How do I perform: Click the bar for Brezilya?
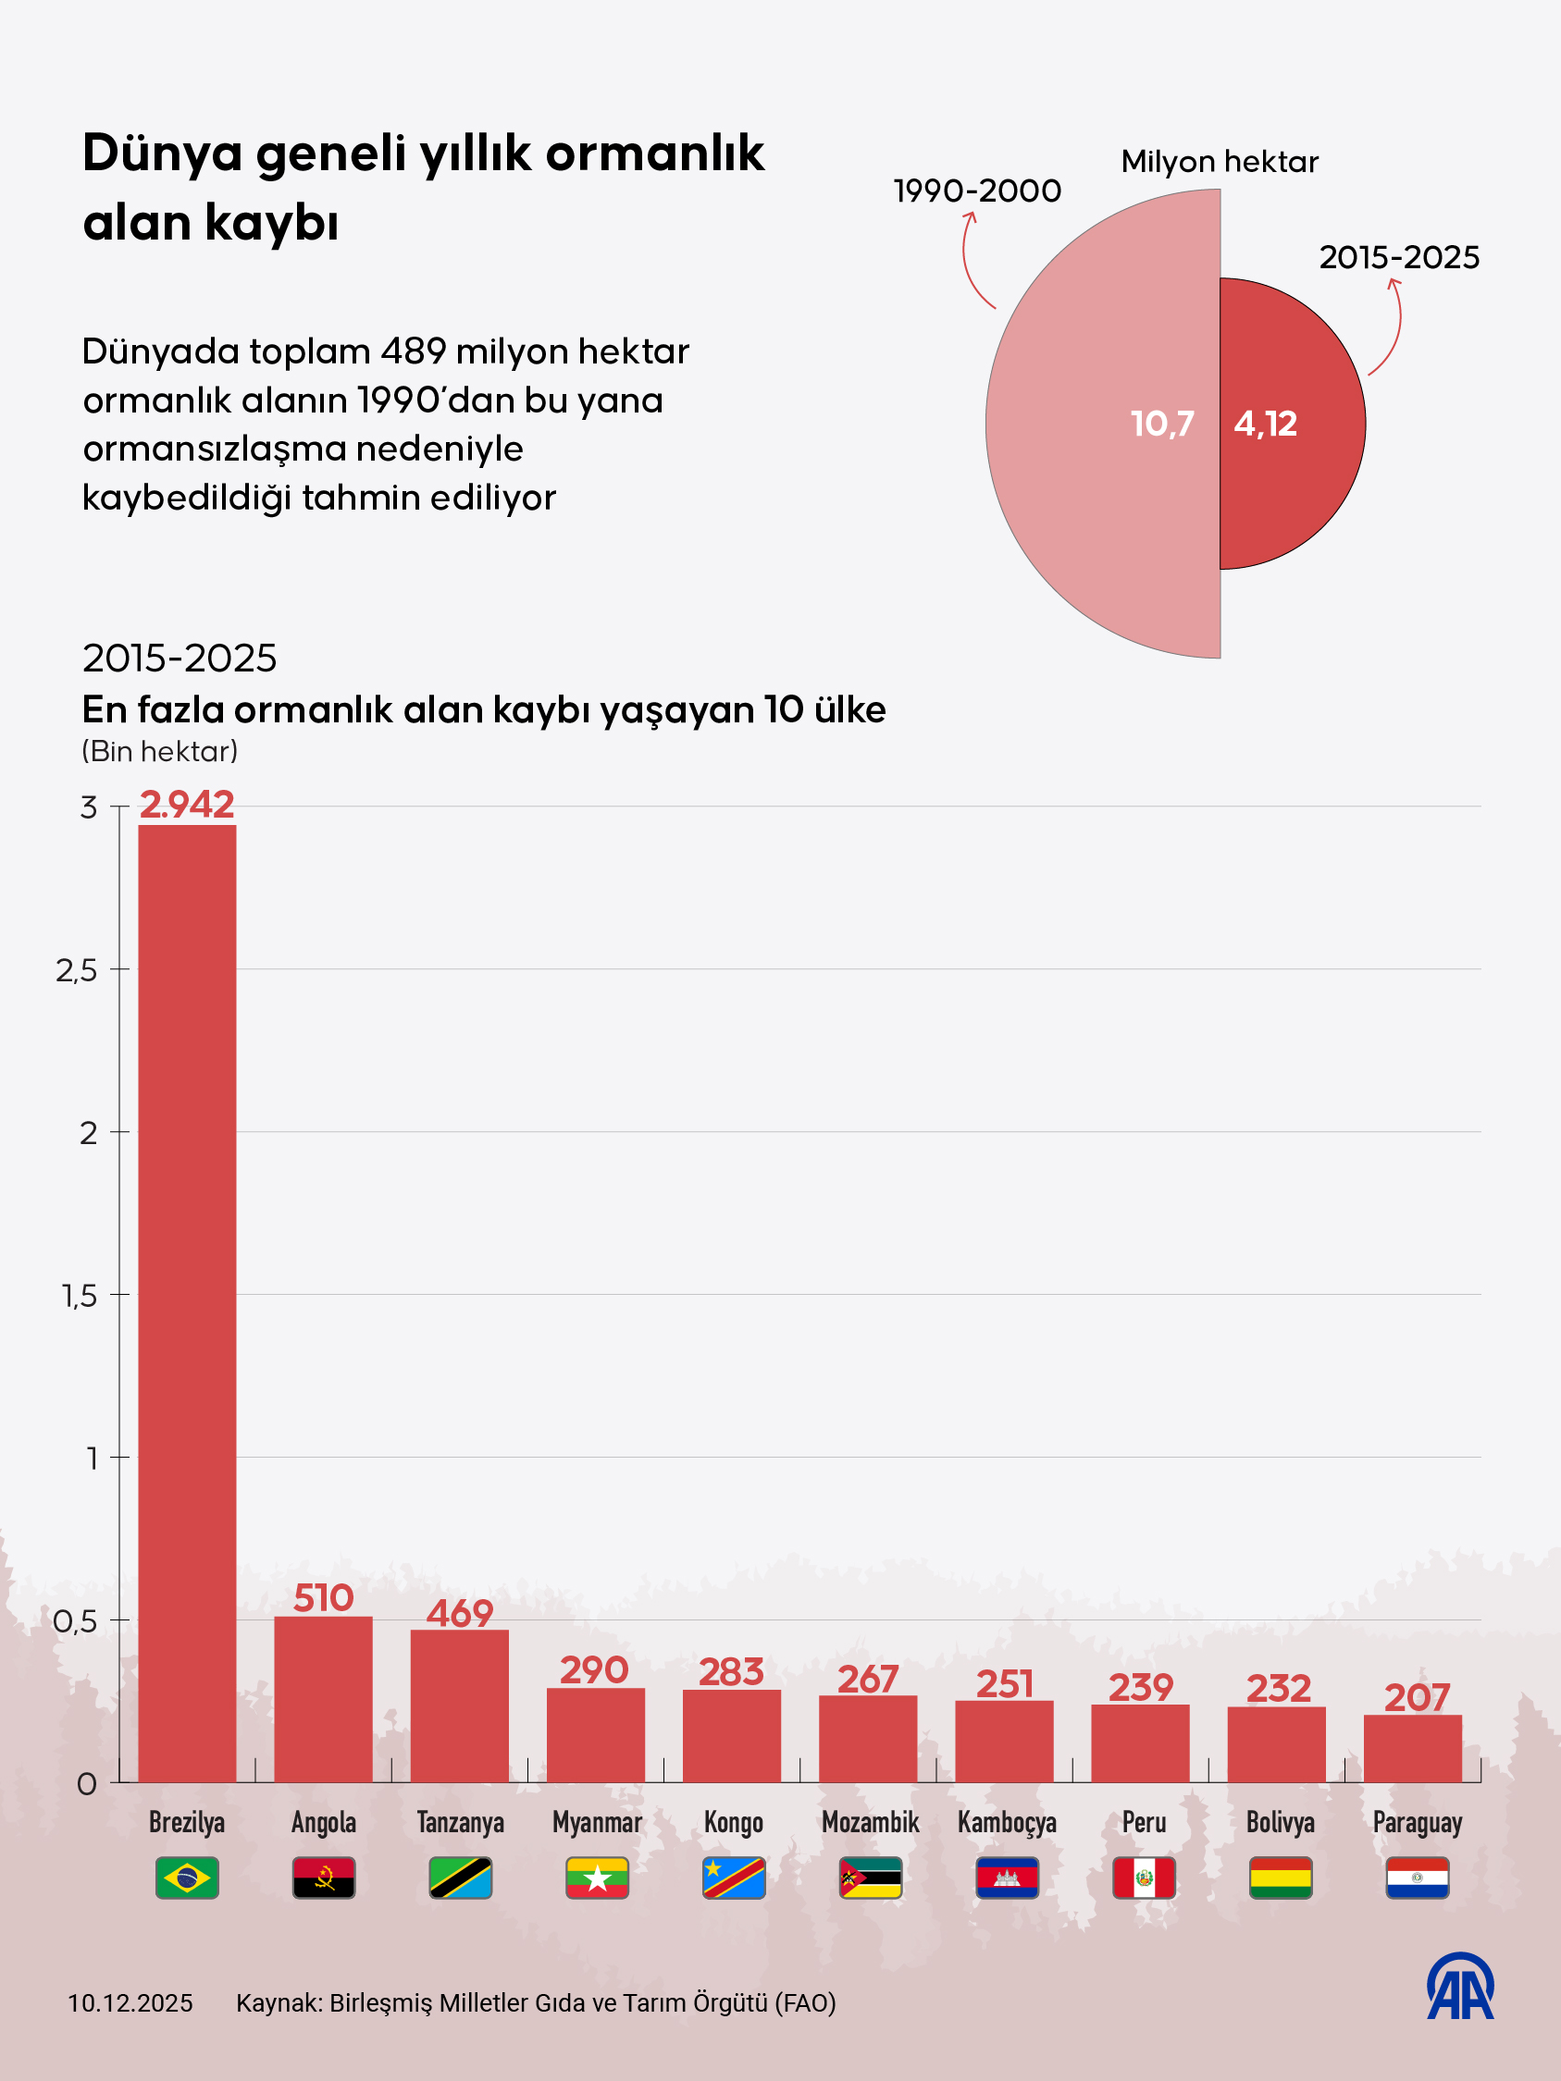click(x=186, y=1303)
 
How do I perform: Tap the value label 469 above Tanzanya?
click(x=459, y=1613)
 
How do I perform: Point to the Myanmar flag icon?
click(x=597, y=1878)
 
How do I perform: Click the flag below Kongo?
click(x=733, y=1878)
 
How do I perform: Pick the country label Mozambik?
click(x=871, y=1822)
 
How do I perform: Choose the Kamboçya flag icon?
click(x=1007, y=1878)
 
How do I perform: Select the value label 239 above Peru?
click(x=1140, y=1688)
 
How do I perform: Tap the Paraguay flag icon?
click(x=1417, y=1878)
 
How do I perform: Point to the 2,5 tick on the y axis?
click(x=76, y=970)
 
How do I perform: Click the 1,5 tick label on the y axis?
click(x=80, y=1296)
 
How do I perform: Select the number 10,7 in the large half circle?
click(x=1162, y=424)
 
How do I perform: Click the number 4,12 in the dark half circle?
click(x=1266, y=424)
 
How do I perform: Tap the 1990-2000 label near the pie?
click(x=977, y=191)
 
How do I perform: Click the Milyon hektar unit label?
click(x=1220, y=162)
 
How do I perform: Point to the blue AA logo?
click(x=1460, y=1986)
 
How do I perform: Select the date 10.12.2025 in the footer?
click(x=130, y=2003)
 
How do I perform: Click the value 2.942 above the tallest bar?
click(x=186, y=805)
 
